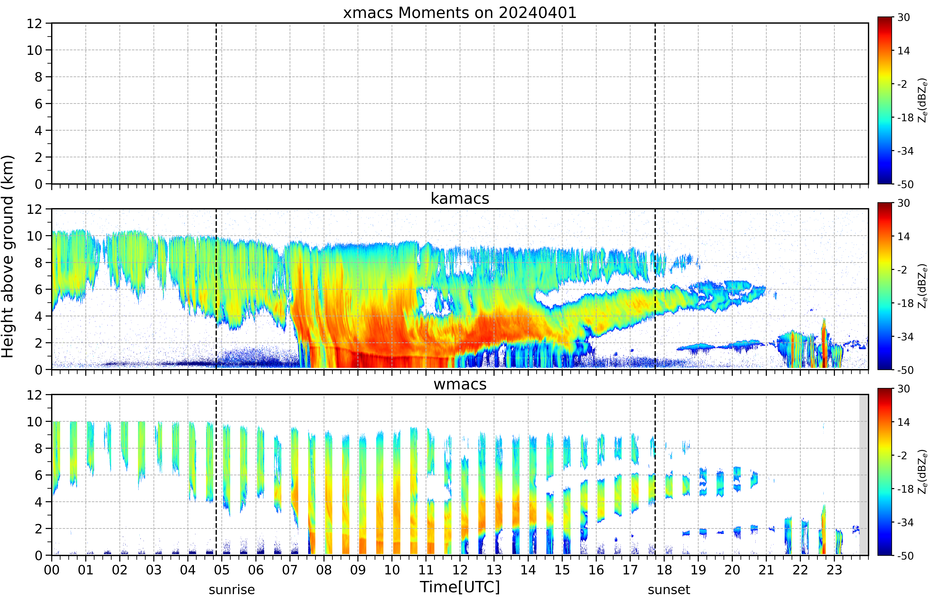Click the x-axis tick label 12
pos(460,570)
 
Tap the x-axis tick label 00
pos(52,570)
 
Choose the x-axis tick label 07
pos(290,570)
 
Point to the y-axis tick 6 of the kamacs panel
pos(38,289)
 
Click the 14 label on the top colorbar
pos(903,51)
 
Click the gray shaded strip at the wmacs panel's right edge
pos(864,475)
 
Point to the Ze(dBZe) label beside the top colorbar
pos(923,100)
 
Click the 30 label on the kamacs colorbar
pos(903,203)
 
